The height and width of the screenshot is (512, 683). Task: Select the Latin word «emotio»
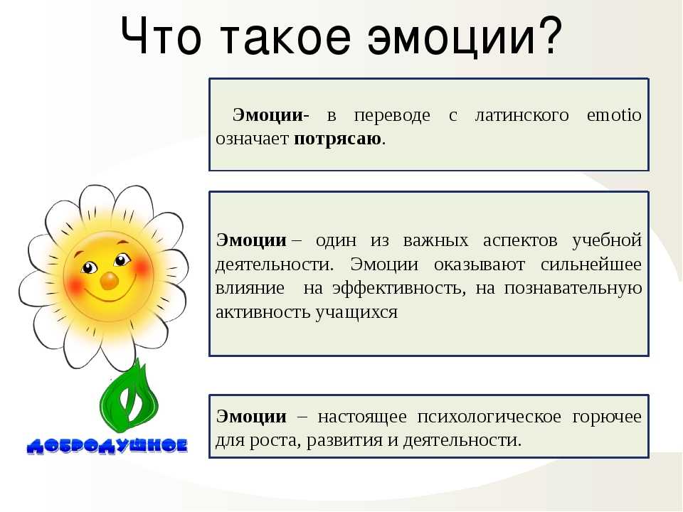click(x=614, y=115)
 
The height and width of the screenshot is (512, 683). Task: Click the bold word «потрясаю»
click(x=337, y=139)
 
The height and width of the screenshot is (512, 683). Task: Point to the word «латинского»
click(x=521, y=115)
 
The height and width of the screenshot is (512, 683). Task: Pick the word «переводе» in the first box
click(x=392, y=116)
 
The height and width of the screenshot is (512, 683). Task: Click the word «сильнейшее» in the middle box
click(x=591, y=265)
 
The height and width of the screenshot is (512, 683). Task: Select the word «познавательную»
click(x=573, y=289)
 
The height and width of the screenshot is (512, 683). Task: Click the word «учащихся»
click(x=356, y=313)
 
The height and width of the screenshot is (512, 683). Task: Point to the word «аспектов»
click(x=520, y=241)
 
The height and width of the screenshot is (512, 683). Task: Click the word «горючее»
click(x=607, y=417)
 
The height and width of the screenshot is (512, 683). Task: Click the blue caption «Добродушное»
click(x=107, y=446)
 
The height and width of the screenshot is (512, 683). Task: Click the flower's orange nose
click(x=109, y=282)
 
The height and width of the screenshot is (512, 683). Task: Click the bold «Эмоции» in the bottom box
click(x=251, y=417)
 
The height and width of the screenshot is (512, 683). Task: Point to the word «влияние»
click(x=250, y=289)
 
